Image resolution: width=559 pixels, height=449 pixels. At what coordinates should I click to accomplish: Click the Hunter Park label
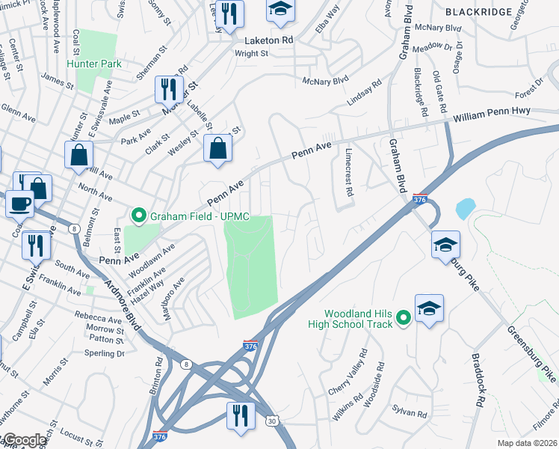[x=94, y=64]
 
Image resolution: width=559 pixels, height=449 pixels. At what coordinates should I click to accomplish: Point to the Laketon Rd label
[x=268, y=40]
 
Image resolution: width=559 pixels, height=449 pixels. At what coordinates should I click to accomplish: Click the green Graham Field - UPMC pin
[x=138, y=217]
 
